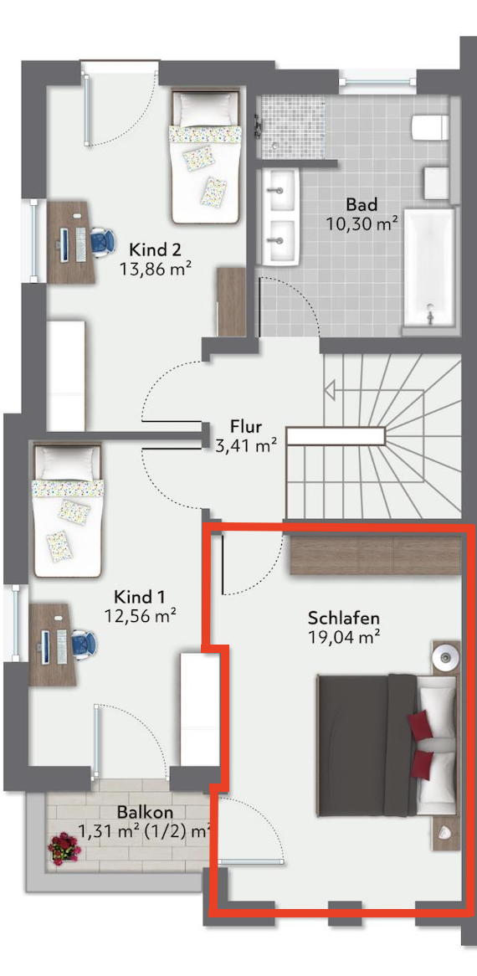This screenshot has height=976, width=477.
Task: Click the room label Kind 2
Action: coord(155,250)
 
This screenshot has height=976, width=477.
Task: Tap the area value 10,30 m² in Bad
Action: coord(362,223)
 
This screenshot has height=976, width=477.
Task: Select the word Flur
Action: coord(246,427)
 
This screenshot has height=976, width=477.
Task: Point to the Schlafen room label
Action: coord(344,619)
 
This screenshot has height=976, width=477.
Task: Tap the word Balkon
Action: coord(144,812)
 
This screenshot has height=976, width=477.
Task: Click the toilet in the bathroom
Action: coord(430,127)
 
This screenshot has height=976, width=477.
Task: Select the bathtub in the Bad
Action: coord(429,267)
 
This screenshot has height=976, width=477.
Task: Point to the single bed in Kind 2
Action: coord(205,157)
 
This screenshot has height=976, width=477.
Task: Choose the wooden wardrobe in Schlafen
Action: coord(377,554)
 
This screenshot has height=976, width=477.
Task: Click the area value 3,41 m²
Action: coord(246,445)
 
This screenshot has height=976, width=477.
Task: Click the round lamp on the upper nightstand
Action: coord(445,655)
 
